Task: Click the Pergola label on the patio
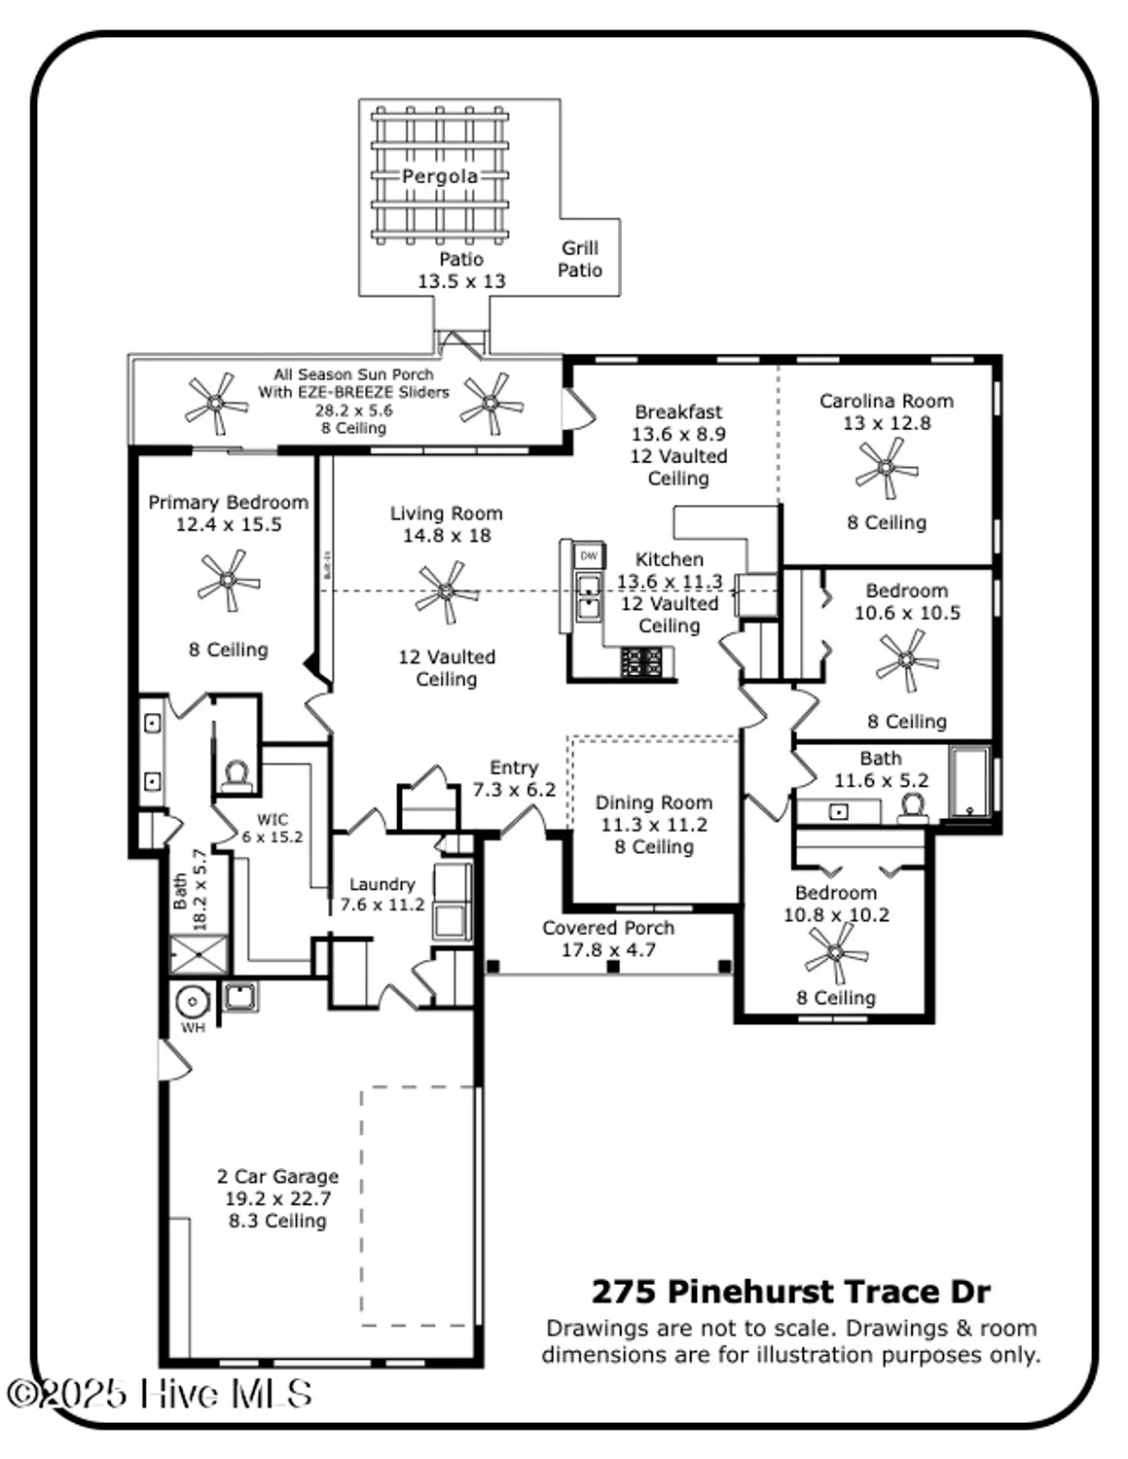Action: (440, 176)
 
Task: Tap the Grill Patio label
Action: (579, 259)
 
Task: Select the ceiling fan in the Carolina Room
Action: (886, 467)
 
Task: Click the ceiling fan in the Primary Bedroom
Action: (228, 581)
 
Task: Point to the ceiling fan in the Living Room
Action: (447, 591)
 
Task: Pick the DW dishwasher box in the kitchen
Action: (589, 556)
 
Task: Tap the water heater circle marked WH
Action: (193, 1001)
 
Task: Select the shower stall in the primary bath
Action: (200, 954)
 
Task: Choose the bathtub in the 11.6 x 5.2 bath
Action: (969, 782)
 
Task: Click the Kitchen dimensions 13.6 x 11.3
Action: (670, 582)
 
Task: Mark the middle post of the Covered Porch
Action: (612, 966)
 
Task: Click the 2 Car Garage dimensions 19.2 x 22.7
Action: (278, 1198)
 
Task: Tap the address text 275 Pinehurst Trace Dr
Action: (790, 1292)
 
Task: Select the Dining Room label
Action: (653, 802)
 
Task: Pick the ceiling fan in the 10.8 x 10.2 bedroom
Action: (836, 953)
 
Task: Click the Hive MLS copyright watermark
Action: (159, 1394)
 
